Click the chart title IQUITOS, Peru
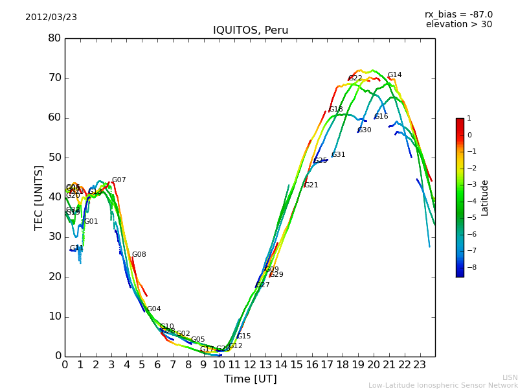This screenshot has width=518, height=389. coord(251,30)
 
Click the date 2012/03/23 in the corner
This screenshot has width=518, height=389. coord(51,18)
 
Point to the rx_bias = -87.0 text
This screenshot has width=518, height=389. coord(458,14)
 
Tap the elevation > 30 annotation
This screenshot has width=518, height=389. coord(458,25)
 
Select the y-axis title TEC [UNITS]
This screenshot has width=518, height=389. coord(39,197)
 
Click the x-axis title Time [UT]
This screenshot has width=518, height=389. coord(251,379)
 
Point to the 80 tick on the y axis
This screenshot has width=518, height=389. coord(54,38)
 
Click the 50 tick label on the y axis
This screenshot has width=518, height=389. coord(54,158)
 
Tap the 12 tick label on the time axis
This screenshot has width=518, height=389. coord(250,364)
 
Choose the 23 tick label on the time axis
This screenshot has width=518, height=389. coord(420,364)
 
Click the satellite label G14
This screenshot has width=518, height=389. coord(394,75)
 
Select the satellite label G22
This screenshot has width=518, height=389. coord(355,78)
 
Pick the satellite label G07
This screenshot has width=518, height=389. coord(118,180)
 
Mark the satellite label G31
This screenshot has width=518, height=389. coord(338,155)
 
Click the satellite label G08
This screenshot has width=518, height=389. coord(139,255)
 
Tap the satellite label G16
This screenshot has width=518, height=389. coord(381,117)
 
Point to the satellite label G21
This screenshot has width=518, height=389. coord(311,185)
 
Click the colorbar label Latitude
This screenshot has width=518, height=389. coord(485,198)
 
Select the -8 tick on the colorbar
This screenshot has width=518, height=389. coord(469,266)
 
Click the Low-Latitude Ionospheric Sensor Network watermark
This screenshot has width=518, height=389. coord(443,385)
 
